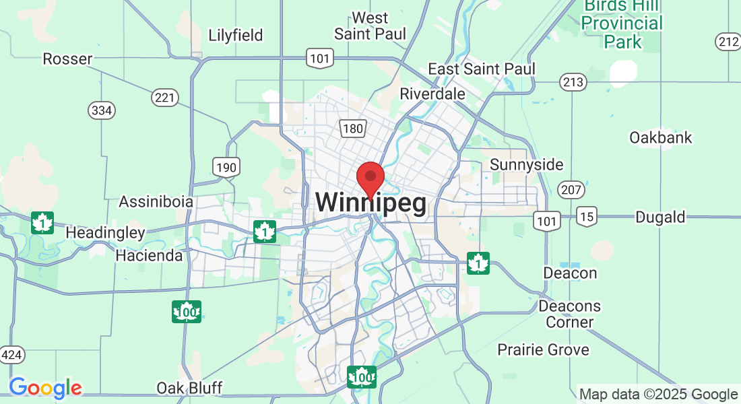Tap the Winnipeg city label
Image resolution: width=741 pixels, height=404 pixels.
click(x=370, y=203)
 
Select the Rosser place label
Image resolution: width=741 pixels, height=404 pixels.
click(x=67, y=59)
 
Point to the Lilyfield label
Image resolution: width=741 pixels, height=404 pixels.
click(x=235, y=35)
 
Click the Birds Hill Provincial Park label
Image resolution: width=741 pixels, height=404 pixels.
click(x=622, y=24)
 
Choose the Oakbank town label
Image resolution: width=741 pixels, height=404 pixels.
click(x=660, y=137)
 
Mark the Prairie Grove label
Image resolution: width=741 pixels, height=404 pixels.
click(x=543, y=349)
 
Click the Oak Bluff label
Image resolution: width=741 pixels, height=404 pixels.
click(x=190, y=388)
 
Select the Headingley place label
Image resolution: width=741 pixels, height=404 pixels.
click(x=105, y=233)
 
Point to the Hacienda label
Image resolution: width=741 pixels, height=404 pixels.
click(x=149, y=256)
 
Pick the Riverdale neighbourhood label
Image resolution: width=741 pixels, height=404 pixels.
click(x=432, y=94)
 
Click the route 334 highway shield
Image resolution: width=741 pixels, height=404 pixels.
click(x=101, y=109)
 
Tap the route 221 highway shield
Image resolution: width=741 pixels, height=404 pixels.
click(x=164, y=98)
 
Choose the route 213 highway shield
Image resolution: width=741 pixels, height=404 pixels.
click(x=573, y=83)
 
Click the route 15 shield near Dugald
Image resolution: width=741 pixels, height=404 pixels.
click(x=587, y=216)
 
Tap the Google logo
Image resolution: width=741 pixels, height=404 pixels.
click(x=45, y=388)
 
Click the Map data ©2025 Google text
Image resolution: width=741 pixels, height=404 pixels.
click(x=659, y=395)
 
